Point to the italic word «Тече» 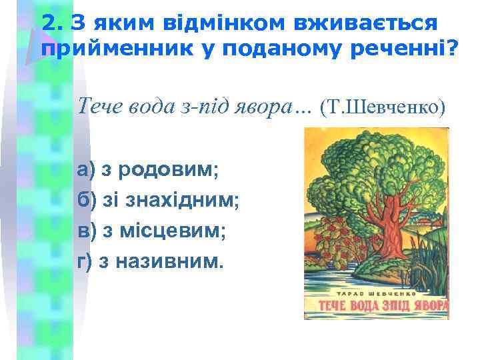[100, 105]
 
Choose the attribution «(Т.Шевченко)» [383, 106]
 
